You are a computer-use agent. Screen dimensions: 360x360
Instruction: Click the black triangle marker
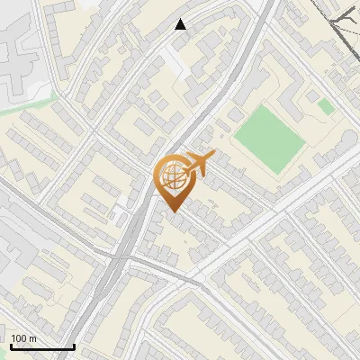[181, 24]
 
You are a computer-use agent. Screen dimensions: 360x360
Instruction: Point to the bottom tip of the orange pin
[174, 212]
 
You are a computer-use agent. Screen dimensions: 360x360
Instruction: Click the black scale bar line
[42, 346]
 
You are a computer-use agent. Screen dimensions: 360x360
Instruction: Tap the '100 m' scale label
[24, 338]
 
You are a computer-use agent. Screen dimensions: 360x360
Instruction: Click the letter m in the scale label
[32, 338]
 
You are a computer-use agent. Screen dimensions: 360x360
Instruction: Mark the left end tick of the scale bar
[11, 345]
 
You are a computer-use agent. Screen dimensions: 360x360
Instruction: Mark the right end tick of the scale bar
[74, 345]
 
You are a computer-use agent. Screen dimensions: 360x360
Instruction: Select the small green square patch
[326, 106]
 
